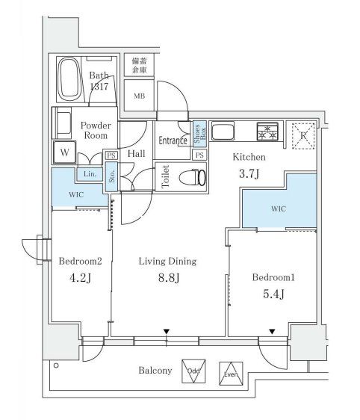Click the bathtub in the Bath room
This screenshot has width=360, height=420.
(x=69, y=79)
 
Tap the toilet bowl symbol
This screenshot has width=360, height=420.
(x=192, y=177)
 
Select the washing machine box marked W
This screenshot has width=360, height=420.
(x=64, y=152)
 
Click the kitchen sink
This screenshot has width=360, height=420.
(x=223, y=131)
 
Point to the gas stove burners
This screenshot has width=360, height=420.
(x=267, y=132)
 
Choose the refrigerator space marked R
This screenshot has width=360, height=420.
(x=303, y=135)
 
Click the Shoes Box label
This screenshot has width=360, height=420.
(x=200, y=134)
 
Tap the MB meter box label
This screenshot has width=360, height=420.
(x=140, y=96)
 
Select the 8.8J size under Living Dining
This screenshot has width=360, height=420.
(x=169, y=278)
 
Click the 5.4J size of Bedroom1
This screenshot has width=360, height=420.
(x=273, y=294)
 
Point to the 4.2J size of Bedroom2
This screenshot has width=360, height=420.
(x=81, y=278)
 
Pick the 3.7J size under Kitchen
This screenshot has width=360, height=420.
(x=249, y=173)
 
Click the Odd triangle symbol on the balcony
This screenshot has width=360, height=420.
(x=193, y=371)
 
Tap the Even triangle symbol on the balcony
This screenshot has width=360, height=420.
(x=231, y=374)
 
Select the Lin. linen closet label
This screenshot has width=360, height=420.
(x=90, y=174)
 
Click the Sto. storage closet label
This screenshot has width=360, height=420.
(x=112, y=176)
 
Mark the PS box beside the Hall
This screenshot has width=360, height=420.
(x=111, y=155)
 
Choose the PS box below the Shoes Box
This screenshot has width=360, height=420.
(x=199, y=155)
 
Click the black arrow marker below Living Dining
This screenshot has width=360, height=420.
(x=167, y=332)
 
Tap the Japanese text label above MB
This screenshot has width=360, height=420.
(x=139, y=65)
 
